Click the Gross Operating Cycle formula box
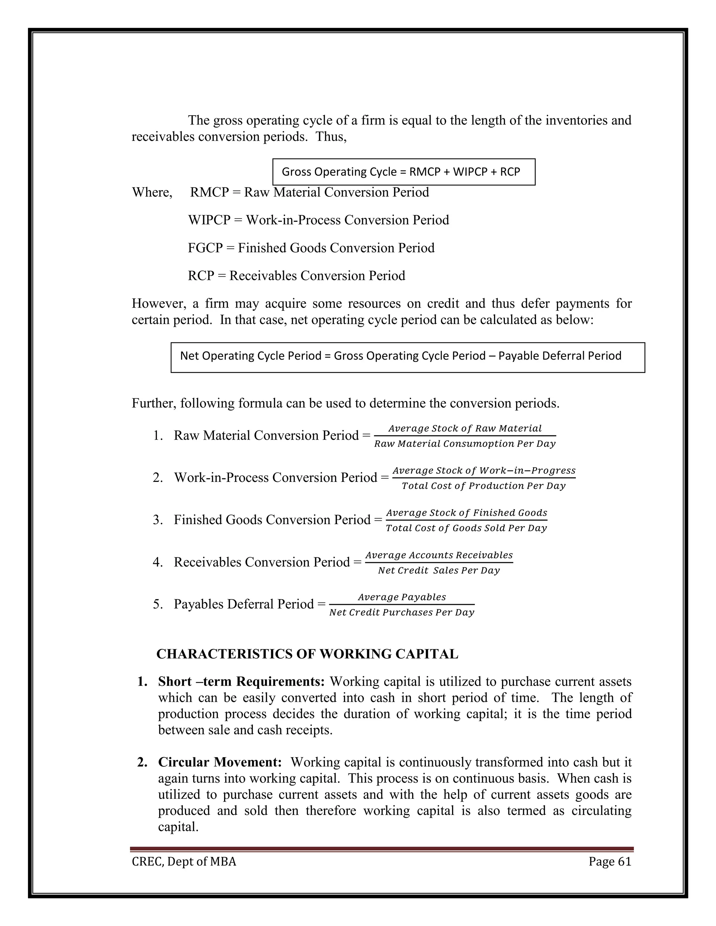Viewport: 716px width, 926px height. pos(403,172)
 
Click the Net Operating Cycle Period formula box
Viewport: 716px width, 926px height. pos(407,357)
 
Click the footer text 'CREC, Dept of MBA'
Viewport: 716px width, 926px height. pos(184,861)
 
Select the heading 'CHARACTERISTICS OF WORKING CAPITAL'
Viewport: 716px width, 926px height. pos(307,654)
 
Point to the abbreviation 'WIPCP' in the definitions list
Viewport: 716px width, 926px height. pos(209,220)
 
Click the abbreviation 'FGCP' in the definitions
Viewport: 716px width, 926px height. pos(205,248)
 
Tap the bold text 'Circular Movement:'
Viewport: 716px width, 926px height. pos(220,762)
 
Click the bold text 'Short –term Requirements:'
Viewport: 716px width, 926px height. pos(241,681)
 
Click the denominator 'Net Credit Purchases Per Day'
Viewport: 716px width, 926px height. pos(401,612)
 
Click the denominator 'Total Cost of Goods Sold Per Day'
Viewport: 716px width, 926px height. pos(466,528)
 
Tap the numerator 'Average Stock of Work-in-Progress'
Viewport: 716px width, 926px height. pos(484,471)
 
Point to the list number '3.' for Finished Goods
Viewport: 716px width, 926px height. pos(158,520)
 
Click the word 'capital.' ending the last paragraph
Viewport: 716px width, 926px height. pos(178,827)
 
